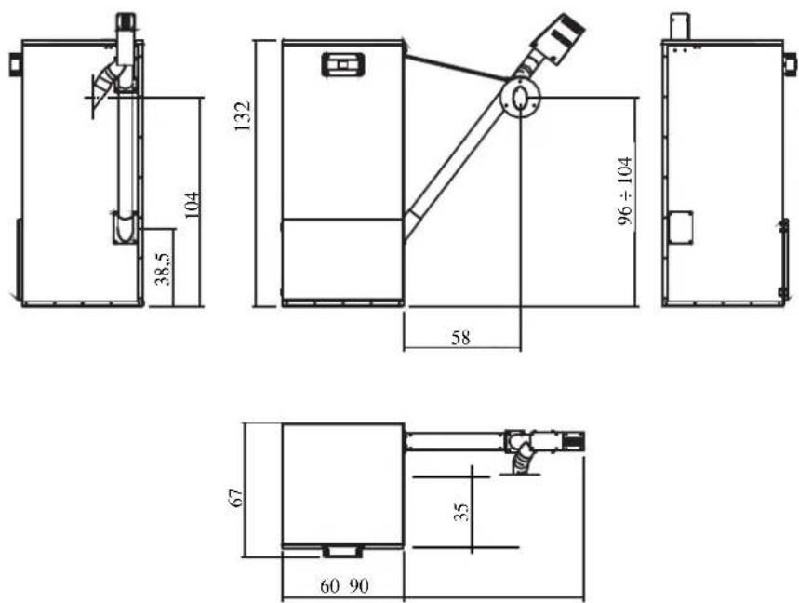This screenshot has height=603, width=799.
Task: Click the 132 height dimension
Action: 243,116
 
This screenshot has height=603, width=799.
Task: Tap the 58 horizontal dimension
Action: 460,338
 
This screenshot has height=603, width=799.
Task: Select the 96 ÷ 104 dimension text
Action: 625,191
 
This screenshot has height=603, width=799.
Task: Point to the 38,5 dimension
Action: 164,270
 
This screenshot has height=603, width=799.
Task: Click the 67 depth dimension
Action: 236,498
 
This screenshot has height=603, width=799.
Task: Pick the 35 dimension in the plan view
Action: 460,513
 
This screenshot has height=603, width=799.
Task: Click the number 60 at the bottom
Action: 329,586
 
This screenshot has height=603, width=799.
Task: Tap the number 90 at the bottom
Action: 359,586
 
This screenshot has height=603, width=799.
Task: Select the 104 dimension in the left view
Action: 193,205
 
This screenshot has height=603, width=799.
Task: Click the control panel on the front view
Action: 343,65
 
